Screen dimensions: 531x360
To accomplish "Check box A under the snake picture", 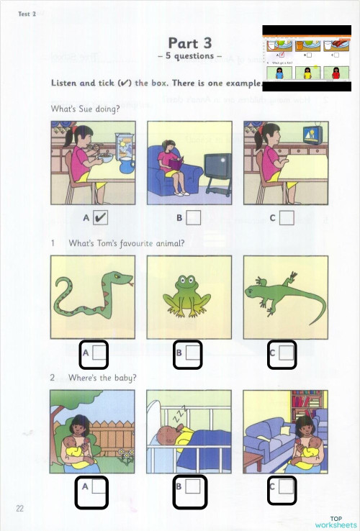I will (x=99, y=353).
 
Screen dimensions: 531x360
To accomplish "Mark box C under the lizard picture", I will (x=287, y=353).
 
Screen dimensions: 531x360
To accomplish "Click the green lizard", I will (x=284, y=294).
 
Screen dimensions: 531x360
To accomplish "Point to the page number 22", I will (x=20, y=509).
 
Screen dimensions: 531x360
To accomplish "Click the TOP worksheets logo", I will (x=336, y=522).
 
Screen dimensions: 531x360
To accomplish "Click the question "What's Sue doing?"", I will (x=81, y=109).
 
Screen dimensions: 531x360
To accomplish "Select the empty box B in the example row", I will (x=193, y=217).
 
